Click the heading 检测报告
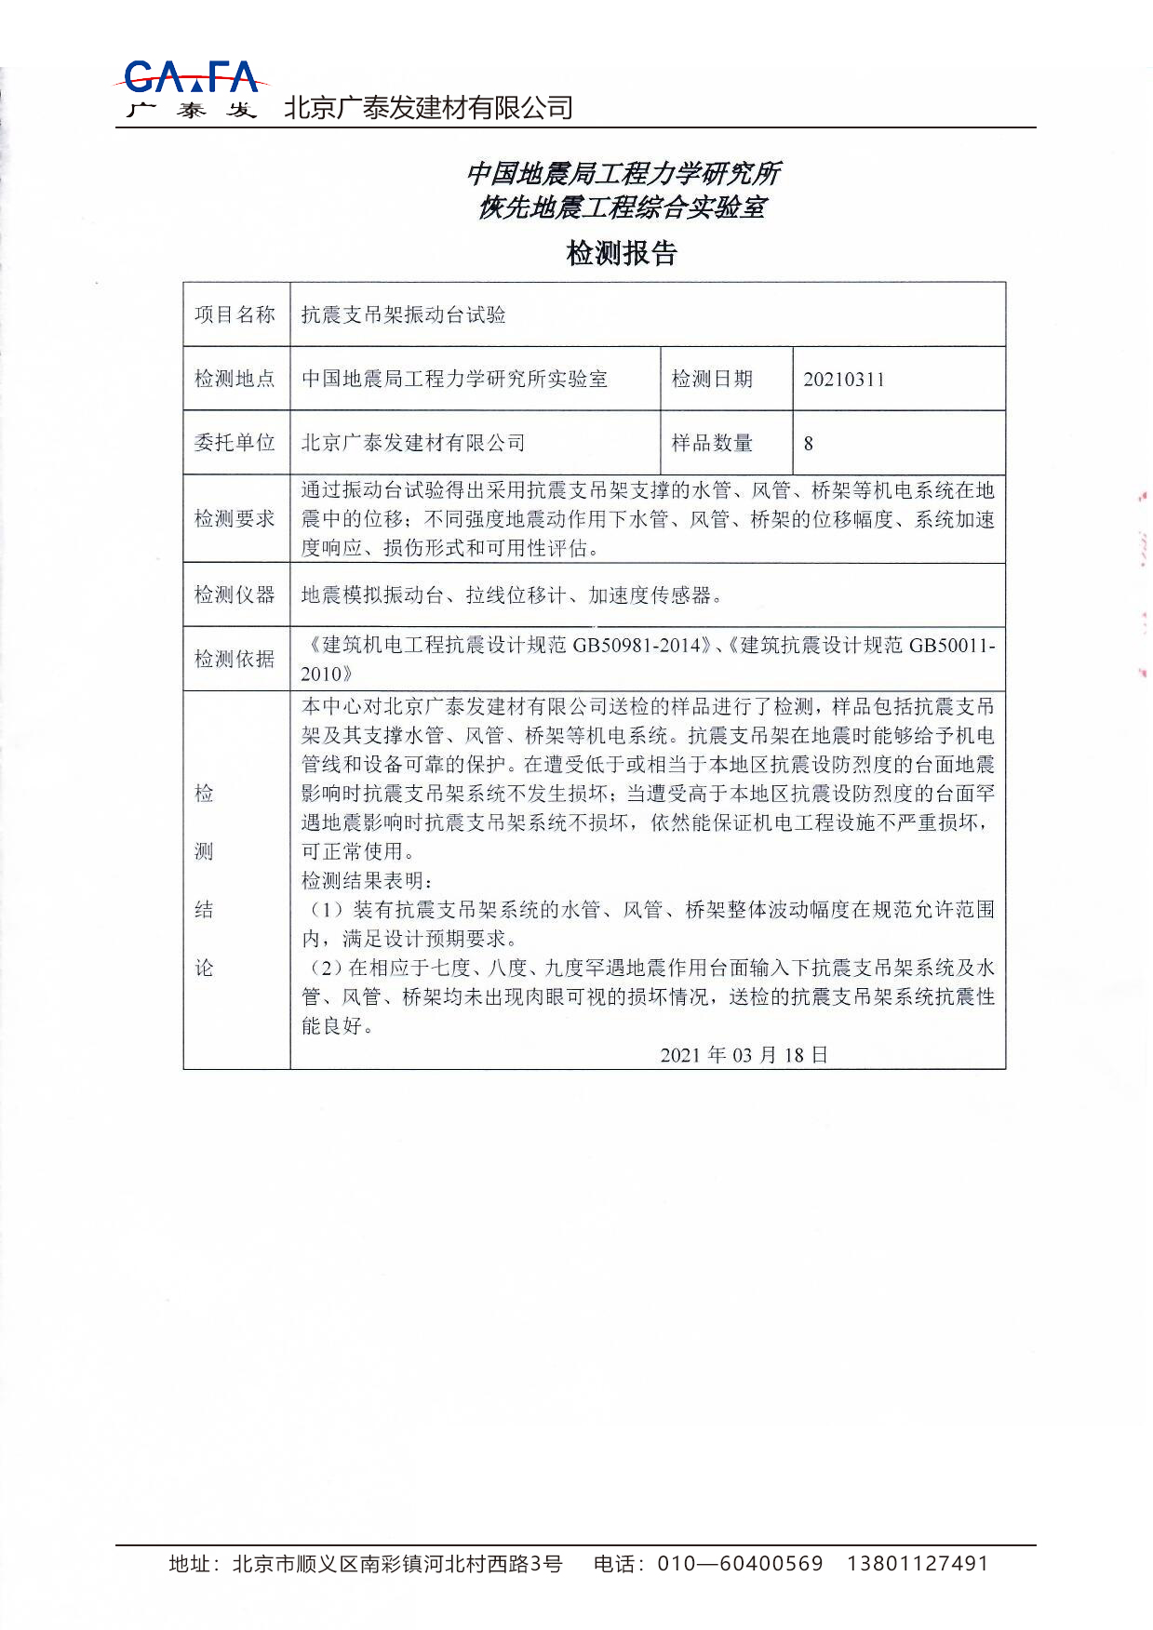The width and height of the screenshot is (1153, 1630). click(x=622, y=253)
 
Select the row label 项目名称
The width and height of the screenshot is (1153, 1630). click(x=235, y=314)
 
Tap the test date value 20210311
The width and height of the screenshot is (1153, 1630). click(x=843, y=380)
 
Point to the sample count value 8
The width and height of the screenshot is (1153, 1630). click(x=808, y=444)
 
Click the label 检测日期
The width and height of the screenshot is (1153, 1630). click(x=712, y=379)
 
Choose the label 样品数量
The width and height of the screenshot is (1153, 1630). click(x=712, y=443)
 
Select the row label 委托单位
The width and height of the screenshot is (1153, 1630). click(x=235, y=443)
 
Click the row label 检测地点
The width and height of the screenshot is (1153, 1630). click(x=235, y=379)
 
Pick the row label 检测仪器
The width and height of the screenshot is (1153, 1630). click(x=235, y=595)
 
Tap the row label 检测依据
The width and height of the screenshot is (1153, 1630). click(x=235, y=659)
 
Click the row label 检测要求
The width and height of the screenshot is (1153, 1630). click(x=235, y=518)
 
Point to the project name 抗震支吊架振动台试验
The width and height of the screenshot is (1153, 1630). click(x=403, y=314)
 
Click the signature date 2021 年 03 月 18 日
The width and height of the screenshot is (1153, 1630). click(x=744, y=1054)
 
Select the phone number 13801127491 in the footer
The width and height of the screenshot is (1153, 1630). click(x=917, y=1564)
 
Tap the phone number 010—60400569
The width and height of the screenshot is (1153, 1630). click(x=740, y=1564)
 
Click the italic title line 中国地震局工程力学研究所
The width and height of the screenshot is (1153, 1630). click(x=622, y=173)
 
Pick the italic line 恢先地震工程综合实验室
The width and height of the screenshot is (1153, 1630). click(x=622, y=207)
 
